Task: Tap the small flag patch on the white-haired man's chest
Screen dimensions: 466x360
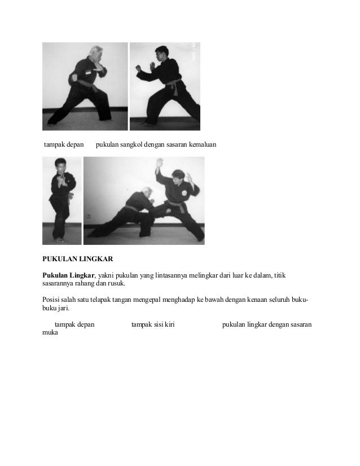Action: coord(89,72)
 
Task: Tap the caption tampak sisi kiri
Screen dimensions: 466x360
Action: coord(152,324)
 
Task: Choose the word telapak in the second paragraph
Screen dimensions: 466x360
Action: coord(106,299)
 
